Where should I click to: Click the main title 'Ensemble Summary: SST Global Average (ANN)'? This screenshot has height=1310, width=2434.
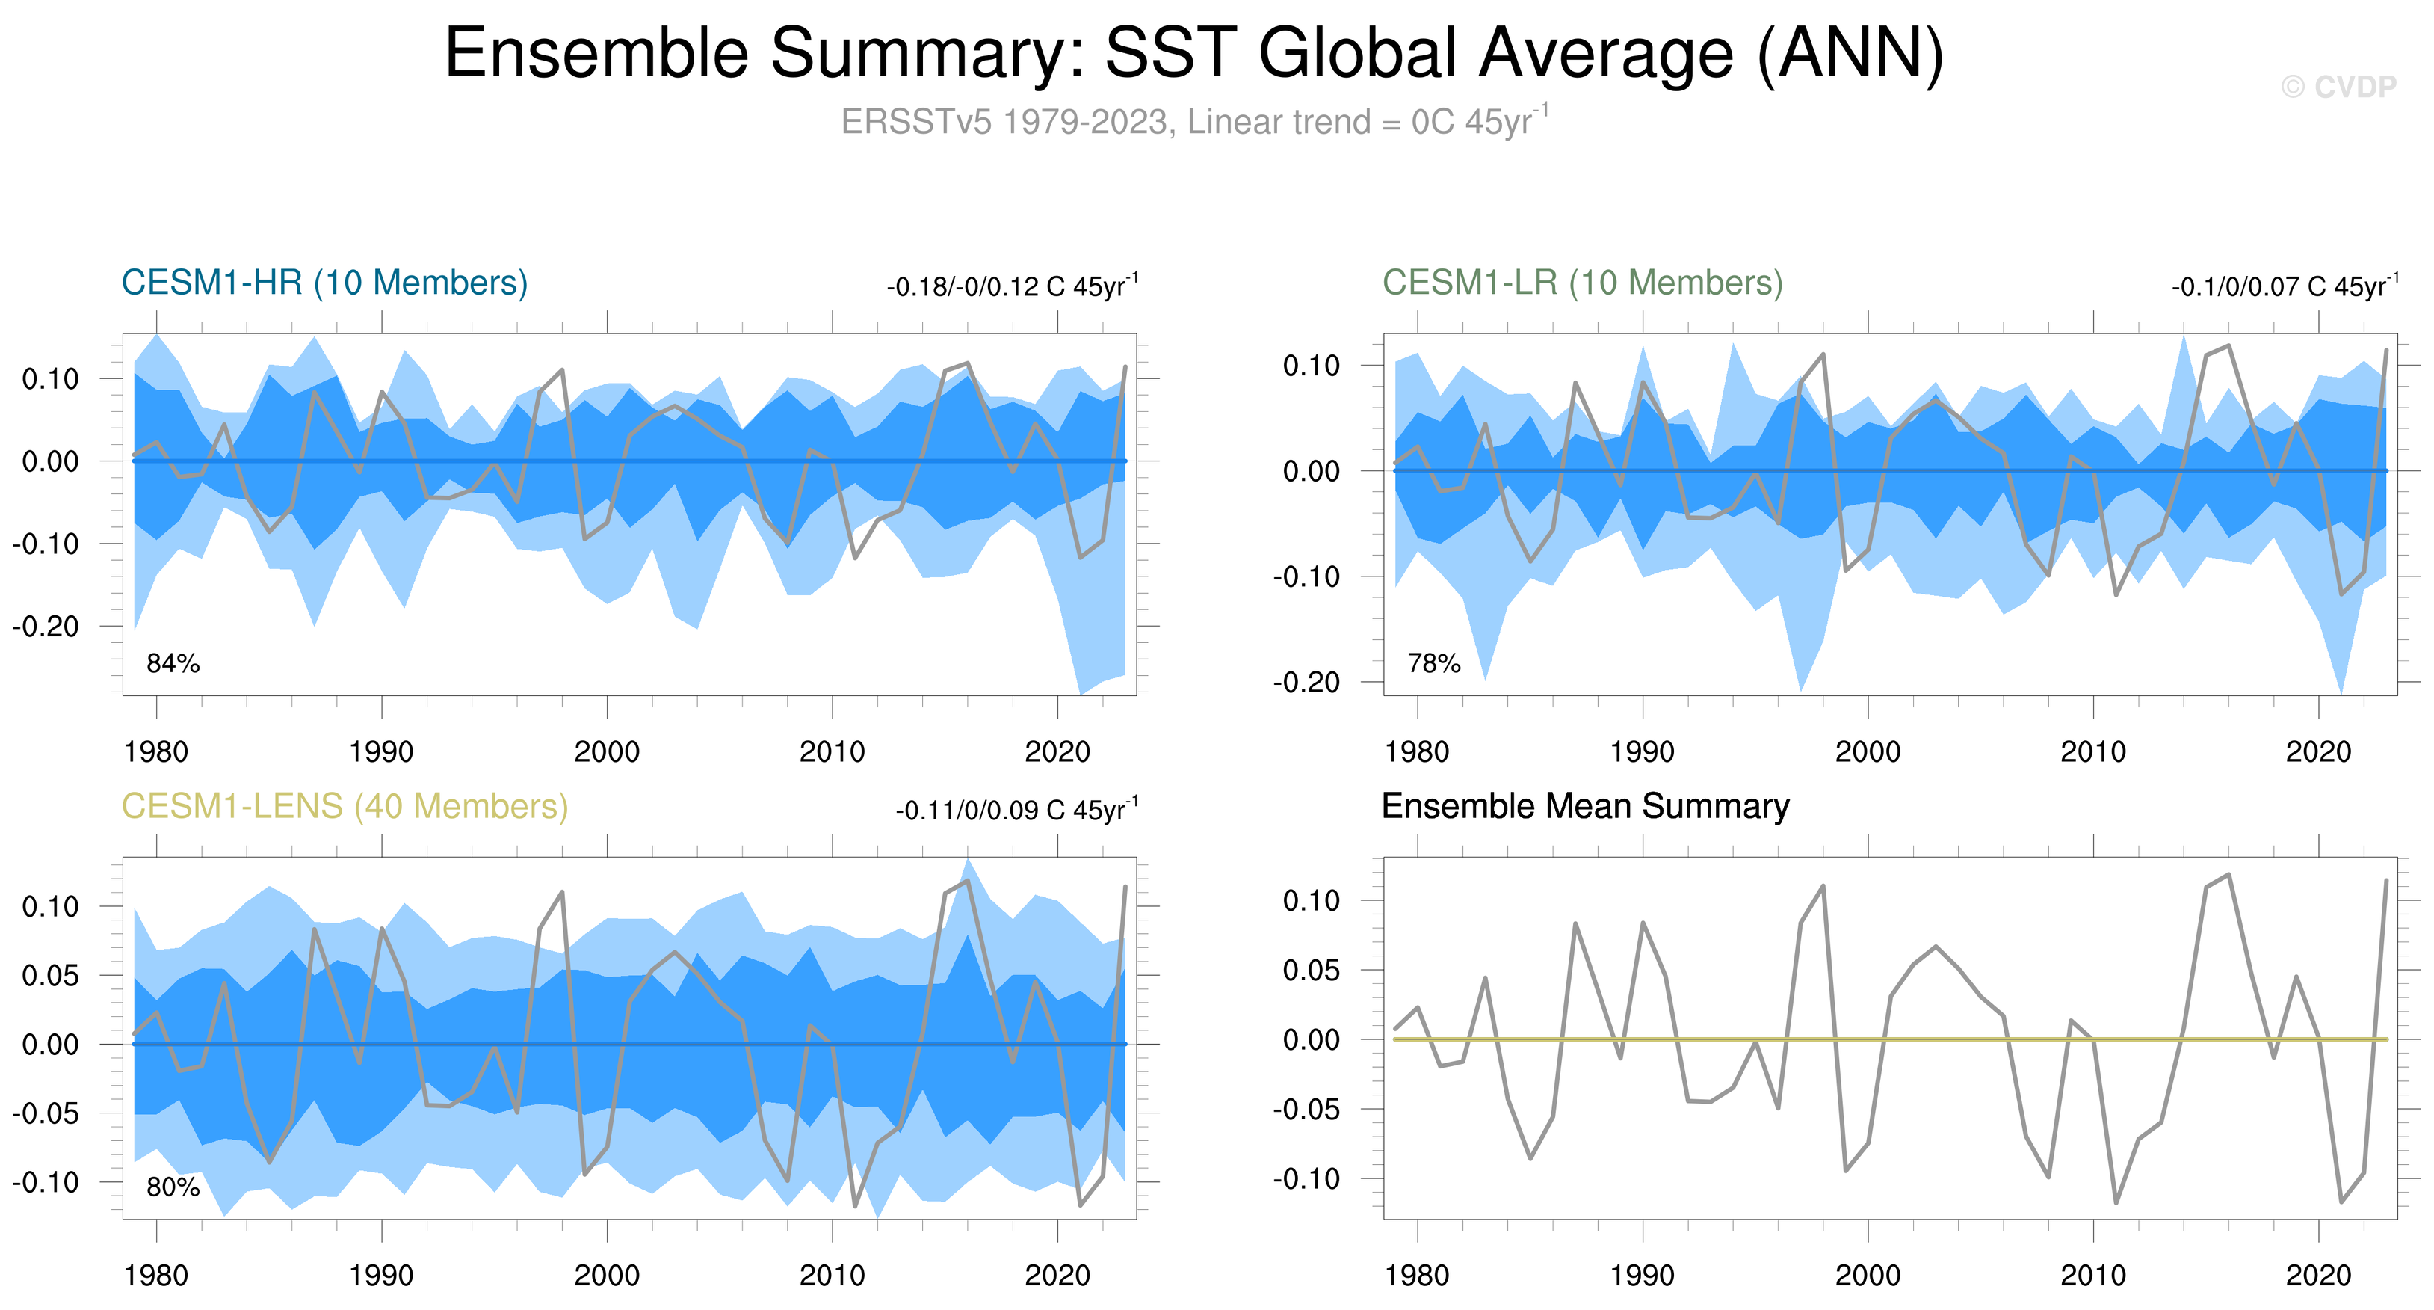point(1193,53)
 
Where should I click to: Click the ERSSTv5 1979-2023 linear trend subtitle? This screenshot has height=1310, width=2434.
point(1193,122)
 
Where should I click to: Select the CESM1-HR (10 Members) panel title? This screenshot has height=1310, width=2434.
point(324,283)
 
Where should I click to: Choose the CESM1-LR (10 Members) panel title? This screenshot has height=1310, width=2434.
point(1583,283)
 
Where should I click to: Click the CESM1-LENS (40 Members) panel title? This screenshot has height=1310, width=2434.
point(345,806)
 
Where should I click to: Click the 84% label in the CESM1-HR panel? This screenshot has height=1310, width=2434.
point(173,663)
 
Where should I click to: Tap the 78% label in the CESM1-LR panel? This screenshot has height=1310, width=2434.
point(1433,663)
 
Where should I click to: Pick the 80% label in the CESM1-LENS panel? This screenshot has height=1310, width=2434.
point(173,1187)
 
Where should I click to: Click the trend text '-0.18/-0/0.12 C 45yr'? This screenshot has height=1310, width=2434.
point(1011,286)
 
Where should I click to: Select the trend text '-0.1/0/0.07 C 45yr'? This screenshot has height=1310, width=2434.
point(2284,286)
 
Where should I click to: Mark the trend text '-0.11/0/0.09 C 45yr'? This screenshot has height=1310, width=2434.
point(1016,810)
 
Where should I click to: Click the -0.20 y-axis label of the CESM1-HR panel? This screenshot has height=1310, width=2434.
point(46,626)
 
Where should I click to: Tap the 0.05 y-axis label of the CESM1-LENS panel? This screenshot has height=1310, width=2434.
point(50,976)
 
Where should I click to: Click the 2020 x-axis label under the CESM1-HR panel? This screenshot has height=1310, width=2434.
point(1057,752)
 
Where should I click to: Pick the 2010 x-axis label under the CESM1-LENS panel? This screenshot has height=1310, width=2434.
point(832,1276)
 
